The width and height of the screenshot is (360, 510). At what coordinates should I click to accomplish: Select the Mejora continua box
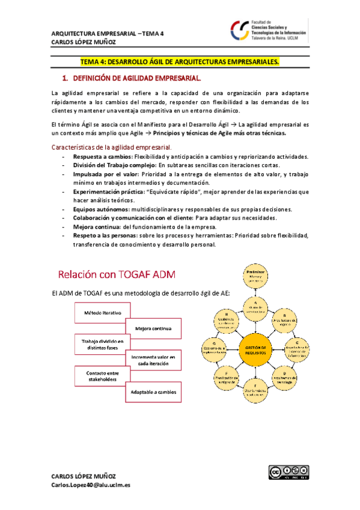point(153,328)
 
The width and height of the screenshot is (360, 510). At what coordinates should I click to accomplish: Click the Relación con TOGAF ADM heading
point(118,275)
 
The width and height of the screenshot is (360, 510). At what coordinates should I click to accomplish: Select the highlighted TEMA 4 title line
point(180,62)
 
